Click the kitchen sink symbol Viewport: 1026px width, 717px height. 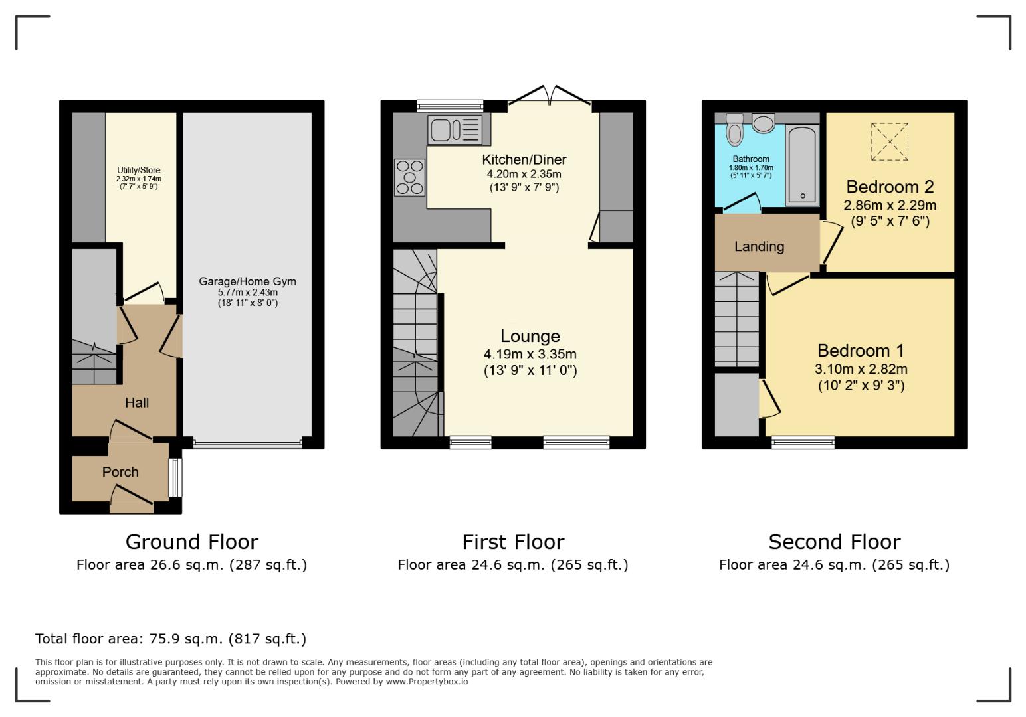point(455,129)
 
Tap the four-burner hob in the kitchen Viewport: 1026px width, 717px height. point(409,177)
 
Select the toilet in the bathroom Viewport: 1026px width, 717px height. point(734,129)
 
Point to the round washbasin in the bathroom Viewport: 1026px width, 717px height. point(764,123)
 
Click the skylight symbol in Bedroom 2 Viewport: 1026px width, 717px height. point(889,141)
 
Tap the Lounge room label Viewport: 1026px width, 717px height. point(530,336)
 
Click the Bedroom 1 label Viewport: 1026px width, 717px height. point(861,351)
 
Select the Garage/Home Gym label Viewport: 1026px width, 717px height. point(247,281)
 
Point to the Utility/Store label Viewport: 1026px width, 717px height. point(138,171)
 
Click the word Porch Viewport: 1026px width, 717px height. point(120,472)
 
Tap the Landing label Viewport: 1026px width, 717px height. point(759,246)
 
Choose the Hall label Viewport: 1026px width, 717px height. point(137,402)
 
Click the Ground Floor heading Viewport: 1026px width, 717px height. point(191,542)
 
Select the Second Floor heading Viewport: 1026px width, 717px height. point(834,542)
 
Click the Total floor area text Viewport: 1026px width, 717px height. point(171,639)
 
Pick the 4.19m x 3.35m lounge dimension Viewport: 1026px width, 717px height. point(530,354)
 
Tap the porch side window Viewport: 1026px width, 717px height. point(175,477)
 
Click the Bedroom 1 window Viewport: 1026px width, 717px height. point(803,442)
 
